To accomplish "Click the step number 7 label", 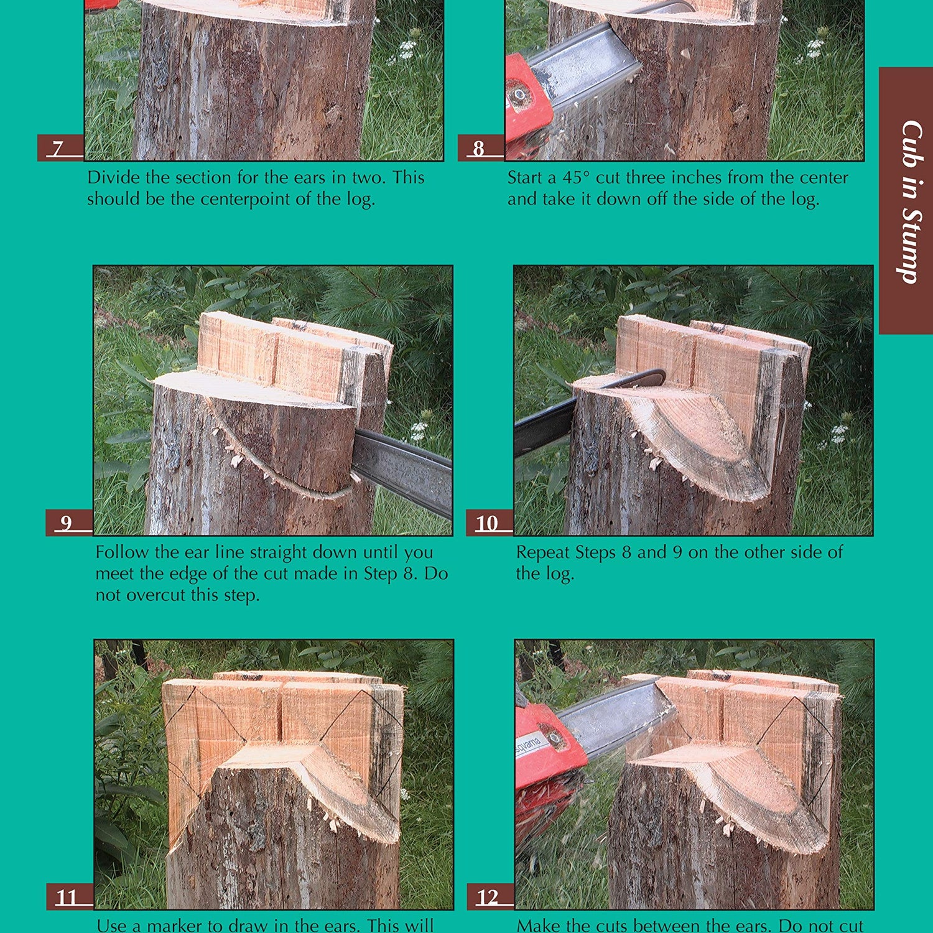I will coord(60,148).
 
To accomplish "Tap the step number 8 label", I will coord(480,148).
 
